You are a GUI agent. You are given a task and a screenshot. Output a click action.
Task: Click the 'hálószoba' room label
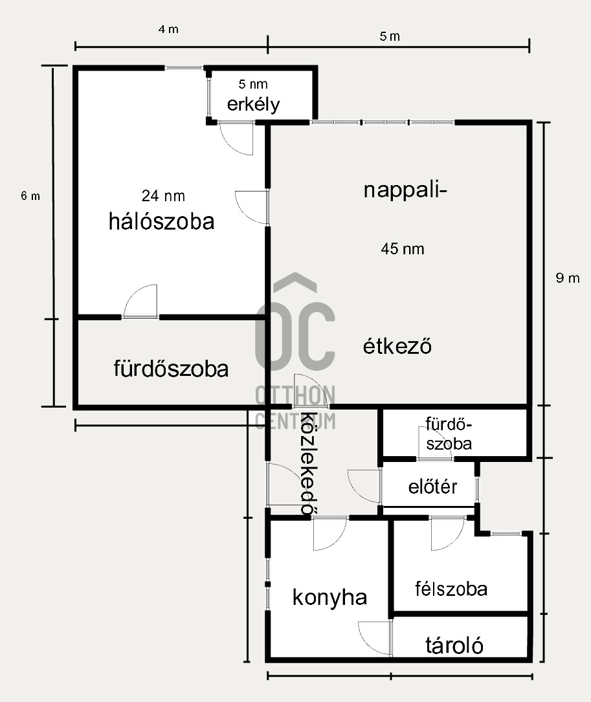[162, 221]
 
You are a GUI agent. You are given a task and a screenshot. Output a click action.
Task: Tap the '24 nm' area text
[163, 195]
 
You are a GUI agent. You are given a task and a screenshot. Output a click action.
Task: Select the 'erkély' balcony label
[253, 105]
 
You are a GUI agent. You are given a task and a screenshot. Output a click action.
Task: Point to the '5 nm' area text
[253, 83]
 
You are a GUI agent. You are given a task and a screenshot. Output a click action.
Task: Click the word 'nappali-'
[405, 190]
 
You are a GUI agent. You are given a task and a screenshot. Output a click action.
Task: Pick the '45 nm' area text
[403, 248]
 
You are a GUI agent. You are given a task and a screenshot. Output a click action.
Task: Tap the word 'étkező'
[397, 346]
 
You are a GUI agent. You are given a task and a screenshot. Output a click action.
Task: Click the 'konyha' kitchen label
[329, 598]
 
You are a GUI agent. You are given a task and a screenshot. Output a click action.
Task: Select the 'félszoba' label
[451, 589]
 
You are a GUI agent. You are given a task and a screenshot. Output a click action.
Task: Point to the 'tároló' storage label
[454, 645]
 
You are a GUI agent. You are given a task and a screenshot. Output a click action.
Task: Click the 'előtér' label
[433, 487]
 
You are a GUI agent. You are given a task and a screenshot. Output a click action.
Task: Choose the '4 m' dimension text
[168, 29]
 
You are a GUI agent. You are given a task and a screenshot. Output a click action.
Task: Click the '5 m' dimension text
[390, 36]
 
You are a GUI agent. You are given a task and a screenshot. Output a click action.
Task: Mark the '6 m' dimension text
[30, 195]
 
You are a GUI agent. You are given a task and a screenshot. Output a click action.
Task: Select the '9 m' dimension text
[568, 278]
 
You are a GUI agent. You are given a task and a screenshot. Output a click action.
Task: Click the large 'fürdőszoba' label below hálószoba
[171, 368]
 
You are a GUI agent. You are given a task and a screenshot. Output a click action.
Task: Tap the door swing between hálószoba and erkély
[236, 139]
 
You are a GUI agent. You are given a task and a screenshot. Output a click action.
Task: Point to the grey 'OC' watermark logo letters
[295, 336]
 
